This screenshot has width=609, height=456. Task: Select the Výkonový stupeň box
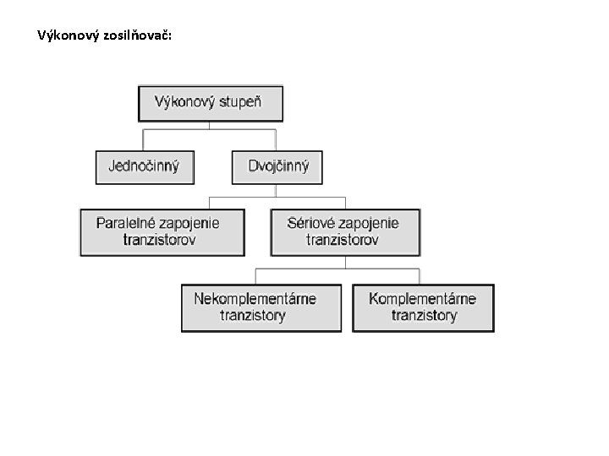point(211,104)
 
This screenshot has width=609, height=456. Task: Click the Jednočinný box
point(145,166)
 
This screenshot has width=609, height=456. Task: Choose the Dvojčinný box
point(277,166)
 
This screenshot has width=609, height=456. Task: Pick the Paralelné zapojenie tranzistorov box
point(162,231)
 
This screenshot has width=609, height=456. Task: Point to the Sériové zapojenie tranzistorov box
point(344,231)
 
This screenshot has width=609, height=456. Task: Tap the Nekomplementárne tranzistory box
point(261,307)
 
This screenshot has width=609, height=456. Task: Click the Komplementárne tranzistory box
point(423,307)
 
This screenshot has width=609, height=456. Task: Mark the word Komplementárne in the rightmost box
point(423,299)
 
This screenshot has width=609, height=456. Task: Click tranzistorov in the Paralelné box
point(160,240)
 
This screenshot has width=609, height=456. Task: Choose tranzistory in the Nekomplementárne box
point(253,316)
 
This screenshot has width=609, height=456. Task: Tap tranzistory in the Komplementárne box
point(424,316)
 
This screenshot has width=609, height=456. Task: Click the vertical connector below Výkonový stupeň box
point(211,125)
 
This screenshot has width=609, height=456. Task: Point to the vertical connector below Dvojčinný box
point(277,190)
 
